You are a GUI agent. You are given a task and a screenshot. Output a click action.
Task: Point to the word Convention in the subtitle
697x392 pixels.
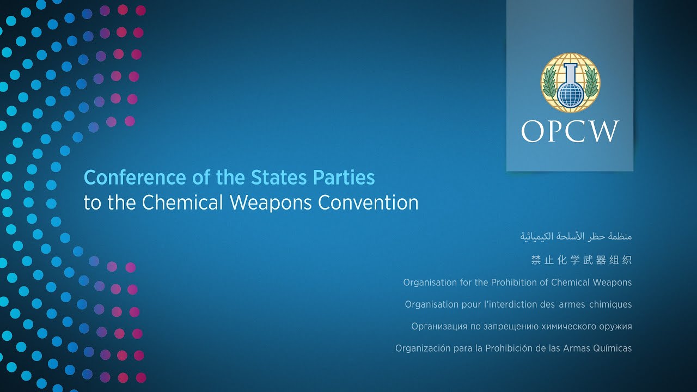(368, 203)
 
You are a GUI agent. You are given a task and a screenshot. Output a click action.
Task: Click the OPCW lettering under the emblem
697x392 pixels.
(570, 132)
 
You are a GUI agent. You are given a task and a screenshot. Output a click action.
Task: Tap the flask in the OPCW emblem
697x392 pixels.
(570, 87)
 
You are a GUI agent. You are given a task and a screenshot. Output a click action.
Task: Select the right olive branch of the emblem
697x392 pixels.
(591, 85)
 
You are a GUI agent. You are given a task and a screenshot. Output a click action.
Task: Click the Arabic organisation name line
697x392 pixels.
(576, 237)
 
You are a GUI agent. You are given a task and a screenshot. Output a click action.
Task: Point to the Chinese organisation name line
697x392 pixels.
(582, 260)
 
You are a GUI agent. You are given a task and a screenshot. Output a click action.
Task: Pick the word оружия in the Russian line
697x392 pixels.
(614, 327)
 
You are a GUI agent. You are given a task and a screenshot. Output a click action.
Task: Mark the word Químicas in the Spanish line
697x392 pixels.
(612, 348)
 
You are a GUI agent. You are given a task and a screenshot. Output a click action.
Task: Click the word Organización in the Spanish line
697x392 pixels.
(423, 348)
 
